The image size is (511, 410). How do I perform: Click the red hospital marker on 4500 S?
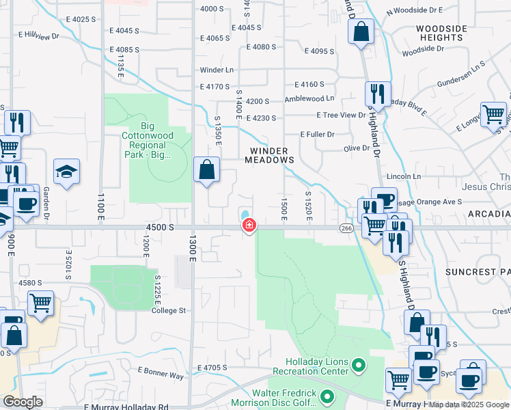coord(249,225)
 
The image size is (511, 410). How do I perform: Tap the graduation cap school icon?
coord(67,172)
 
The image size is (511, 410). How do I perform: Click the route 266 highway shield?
coord(346,228)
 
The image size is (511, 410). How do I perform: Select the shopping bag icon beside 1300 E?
coord(206,170)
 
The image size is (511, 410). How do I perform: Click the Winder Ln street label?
coord(217,70)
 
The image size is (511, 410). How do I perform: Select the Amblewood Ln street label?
coord(309,99)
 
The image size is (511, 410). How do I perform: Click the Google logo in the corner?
coord(24,402)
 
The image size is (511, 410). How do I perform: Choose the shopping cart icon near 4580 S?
coord(41,303)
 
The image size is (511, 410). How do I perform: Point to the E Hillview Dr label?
coord(40,35)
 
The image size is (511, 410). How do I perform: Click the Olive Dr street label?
coord(356,148)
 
